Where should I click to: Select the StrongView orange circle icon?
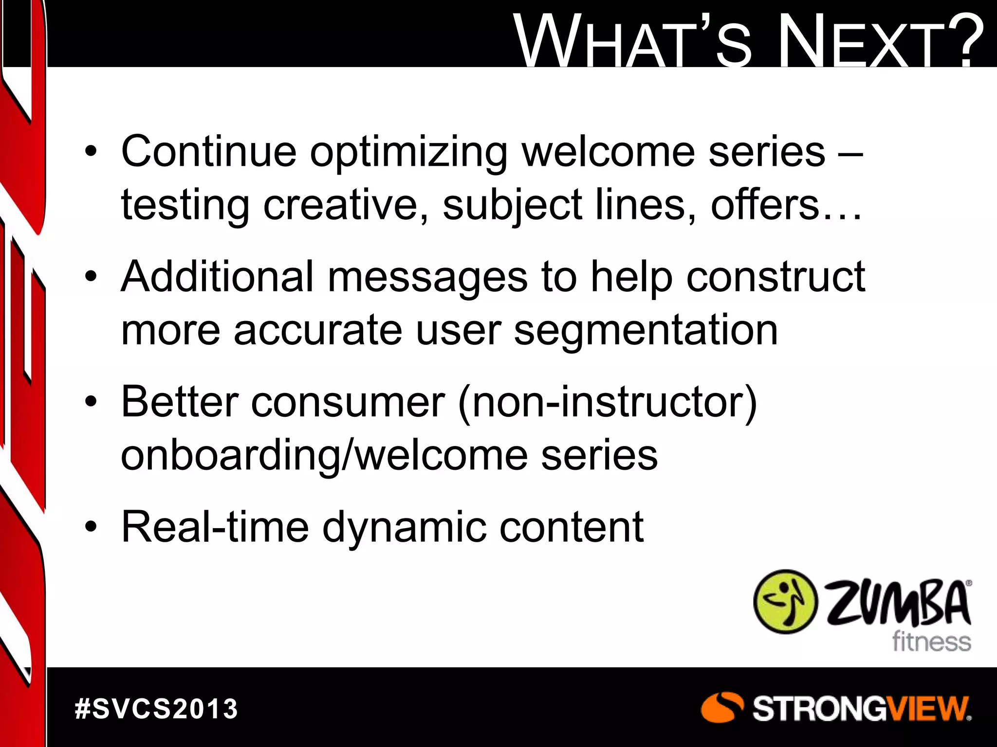(x=722, y=708)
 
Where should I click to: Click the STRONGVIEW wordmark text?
(x=861, y=709)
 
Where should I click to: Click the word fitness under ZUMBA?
(x=931, y=641)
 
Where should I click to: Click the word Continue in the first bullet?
(x=208, y=152)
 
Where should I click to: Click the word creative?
(x=346, y=205)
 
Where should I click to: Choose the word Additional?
(x=217, y=277)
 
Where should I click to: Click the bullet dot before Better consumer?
(x=91, y=403)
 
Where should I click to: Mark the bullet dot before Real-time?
(x=91, y=528)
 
